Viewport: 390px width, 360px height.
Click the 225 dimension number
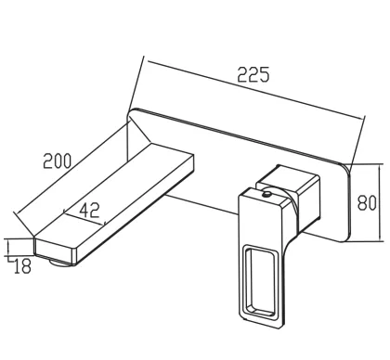[253, 74]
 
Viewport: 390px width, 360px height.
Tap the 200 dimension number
[58, 161]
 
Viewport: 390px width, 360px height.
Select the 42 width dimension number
[90, 210]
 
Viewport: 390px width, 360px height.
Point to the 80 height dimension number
[367, 203]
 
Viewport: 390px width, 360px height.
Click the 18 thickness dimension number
[22, 266]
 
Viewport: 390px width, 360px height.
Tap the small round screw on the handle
[266, 194]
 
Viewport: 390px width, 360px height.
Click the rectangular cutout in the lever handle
[260, 281]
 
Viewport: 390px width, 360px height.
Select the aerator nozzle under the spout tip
[59, 264]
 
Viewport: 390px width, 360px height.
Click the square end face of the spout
[55, 251]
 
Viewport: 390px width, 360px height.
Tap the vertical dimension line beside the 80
[380, 202]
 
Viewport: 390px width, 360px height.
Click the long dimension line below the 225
[255, 90]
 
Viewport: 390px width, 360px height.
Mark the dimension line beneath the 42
[84, 218]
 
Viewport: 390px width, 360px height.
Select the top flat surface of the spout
[111, 192]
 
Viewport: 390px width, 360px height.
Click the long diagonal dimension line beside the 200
[71, 167]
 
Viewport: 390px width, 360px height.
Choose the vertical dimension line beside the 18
[8, 248]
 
